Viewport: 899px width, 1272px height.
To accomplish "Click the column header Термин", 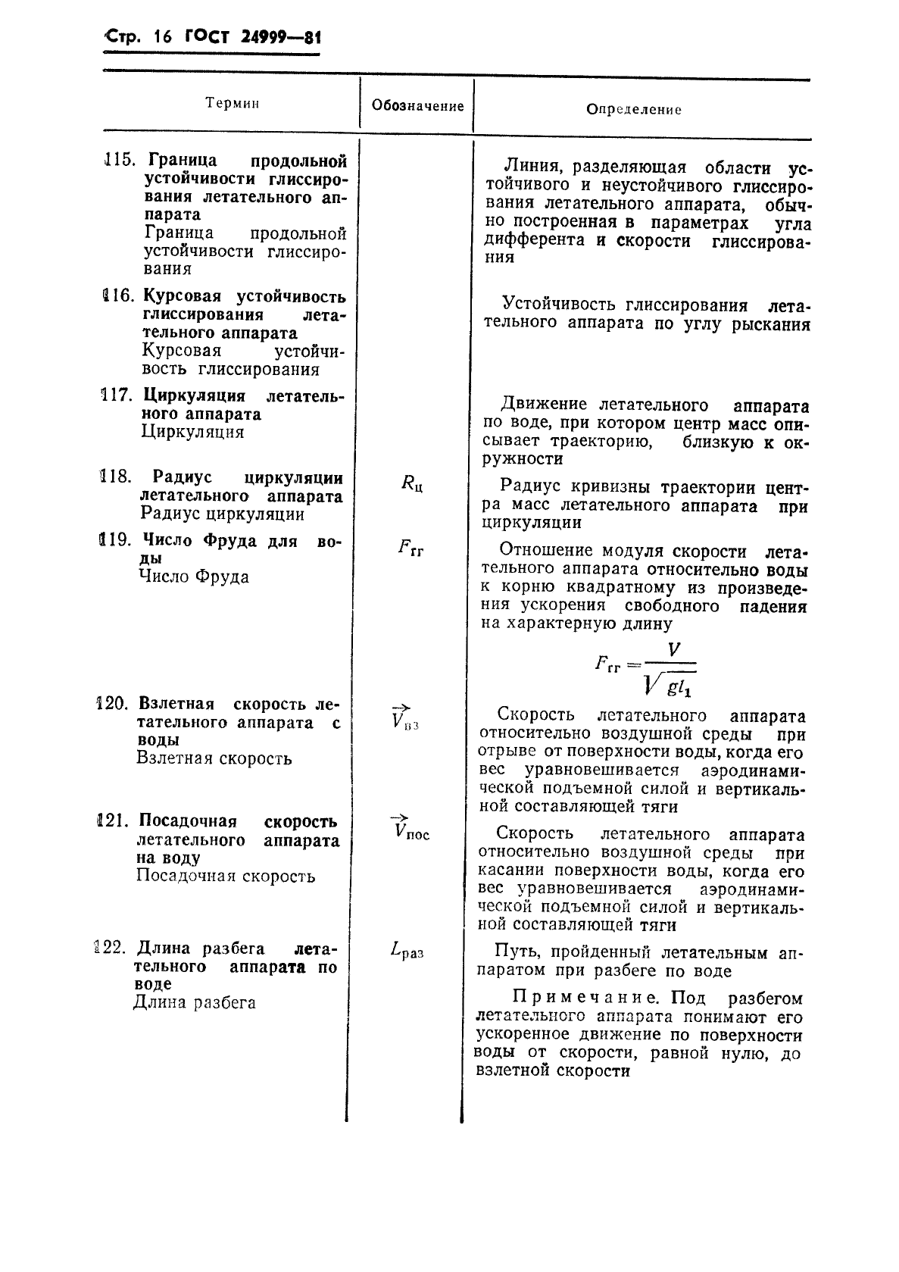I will pyautogui.click(x=232, y=104).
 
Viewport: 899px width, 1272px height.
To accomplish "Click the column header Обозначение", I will pyautogui.click(x=417, y=106).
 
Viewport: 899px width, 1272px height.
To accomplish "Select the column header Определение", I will pyautogui.click(x=634, y=110).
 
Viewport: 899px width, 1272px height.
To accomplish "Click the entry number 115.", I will pyautogui.click(x=118, y=161).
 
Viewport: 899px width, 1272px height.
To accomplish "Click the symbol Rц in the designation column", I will pyautogui.click(x=411, y=483).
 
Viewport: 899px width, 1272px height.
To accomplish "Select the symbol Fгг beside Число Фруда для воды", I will pyautogui.click(x=410, y=548).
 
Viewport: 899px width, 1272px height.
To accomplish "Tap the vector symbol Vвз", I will pyautogui.click(x=404, y=717).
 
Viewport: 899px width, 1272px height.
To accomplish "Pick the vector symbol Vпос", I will pyautogui.click(x=410, y=830).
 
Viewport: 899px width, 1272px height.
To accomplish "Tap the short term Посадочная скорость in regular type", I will pyautogui.click(x=226, y=877).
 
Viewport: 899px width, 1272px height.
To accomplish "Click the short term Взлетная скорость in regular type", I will pyautogui.click(x=214, y=758).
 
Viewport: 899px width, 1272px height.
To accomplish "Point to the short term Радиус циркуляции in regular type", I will pyautogui.click(x=223, y=514).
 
